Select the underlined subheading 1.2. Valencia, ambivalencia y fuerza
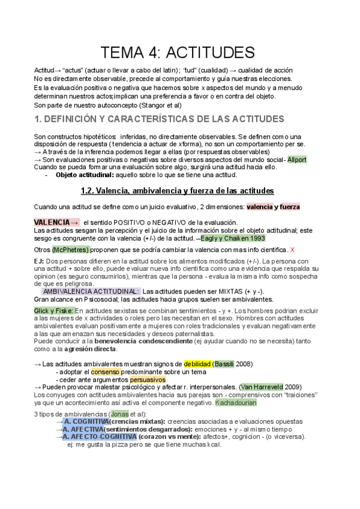pos(177,191)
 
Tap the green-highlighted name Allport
pos(297,160)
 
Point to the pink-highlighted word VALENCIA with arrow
pos(56,222)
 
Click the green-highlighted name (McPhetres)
pos(71,249)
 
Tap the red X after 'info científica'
pos(292,249)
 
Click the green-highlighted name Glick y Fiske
pos(53,310)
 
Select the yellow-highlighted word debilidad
pos(197,364)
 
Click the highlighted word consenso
pos(105,372)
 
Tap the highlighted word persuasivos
pos(147,380)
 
